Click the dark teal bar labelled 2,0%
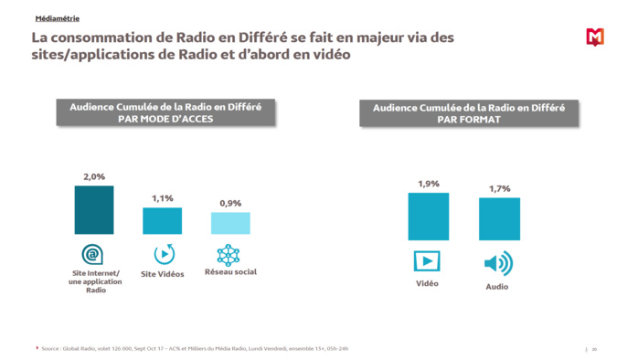pyautogui.click(x=94, y=210)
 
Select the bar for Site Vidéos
pyautogui.click(x=162, y=221)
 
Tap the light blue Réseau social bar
pyautogui.click(x=230, y=223)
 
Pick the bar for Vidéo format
pyautogui.click(x=428, y=217)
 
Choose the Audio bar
pyautogui.click(x=499, y=219)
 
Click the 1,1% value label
pyautogui.click(x=162, y=198)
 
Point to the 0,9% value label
pyautogui.click(x=230, y=203)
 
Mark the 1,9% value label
pyautogui.click(x=428, y=184)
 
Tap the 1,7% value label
pyautogui.click(x=499, y=189)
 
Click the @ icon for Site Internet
pyautogui.click(x=92, y=254)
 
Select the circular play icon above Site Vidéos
pyautogui.click(x=164, y=254)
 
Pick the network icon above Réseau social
pyautogui.click(x=229, y=254)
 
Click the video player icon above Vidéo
pyautogui.click(x=427, y=262)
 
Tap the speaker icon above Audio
pyautogui.click(x=498, y=264)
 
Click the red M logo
pyautogui.click(x=594, y=37)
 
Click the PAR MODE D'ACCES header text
pyautogui.click(x=165, y=118)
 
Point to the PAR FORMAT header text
pyautogui.click(x=469, y=119)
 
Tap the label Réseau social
pyautogui.click(x=230, y=272)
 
